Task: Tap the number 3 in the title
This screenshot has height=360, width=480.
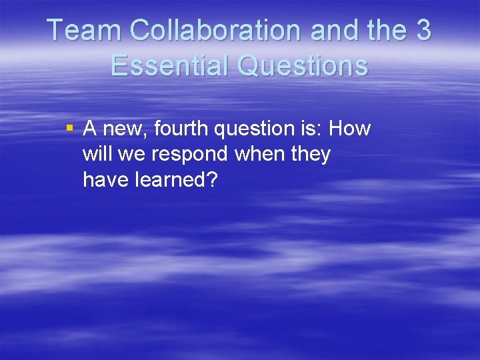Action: point(422,31)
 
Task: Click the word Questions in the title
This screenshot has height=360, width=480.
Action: point(305,65)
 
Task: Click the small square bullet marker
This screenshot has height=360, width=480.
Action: point(69,127)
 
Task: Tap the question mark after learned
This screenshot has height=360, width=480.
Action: point(213,179)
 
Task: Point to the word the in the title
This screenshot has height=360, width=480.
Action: point(386,31)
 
